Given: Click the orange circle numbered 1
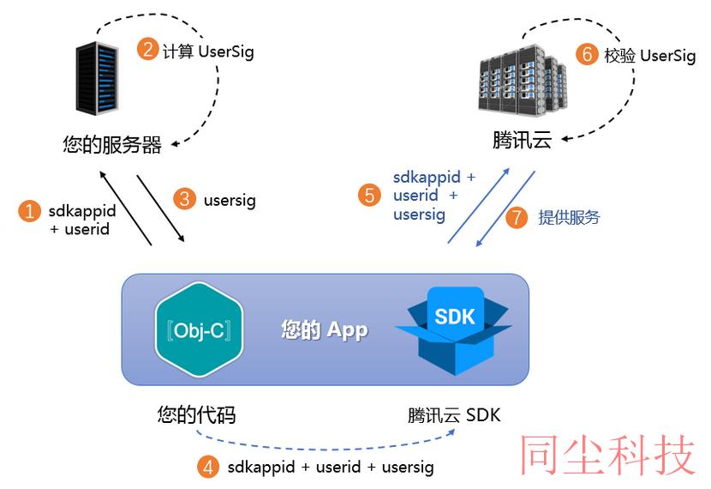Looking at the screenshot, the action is point(29,212).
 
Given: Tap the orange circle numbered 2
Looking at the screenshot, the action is point(148,49).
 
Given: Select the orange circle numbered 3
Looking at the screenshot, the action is point(184,199).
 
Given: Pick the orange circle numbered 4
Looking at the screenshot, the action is point(208,467).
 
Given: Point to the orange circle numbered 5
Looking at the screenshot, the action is point(369,196).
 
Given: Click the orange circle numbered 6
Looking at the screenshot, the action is point(587,53).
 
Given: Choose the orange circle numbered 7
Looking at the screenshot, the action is point(517,217).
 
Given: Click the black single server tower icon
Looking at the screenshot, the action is point(97,78).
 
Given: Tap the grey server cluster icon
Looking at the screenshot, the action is point(523,80).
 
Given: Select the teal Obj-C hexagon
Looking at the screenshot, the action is point(199,329).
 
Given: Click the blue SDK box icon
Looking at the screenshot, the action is point(453,330).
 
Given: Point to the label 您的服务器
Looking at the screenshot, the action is point(112,145).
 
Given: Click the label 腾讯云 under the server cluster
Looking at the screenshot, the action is point(522,139).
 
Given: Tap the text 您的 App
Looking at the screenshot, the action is point(325,330).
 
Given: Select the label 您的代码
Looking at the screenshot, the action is point(196,414).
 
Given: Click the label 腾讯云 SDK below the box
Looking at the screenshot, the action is point(454,415).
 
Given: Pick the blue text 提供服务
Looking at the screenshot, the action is point(569,218).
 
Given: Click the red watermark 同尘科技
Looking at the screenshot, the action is point(607,455).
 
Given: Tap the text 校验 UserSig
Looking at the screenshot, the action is point(650,56).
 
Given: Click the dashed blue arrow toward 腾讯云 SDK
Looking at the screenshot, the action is point(325,449).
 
